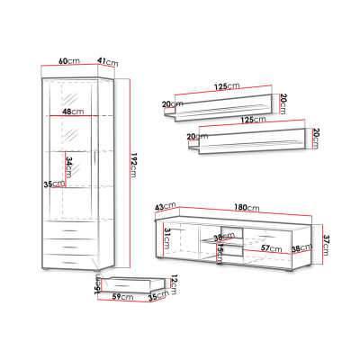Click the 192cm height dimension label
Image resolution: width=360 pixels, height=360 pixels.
[134, 166]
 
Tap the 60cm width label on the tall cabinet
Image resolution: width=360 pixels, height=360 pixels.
[69, 60]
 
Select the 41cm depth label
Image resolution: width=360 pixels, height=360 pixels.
[107, 62]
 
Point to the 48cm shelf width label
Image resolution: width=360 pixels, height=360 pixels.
[73, 112]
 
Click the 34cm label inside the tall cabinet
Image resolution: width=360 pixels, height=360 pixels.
[69, 166]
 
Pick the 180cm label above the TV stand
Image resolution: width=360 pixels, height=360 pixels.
[247, 207]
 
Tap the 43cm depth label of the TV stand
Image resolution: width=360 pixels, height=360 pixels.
[166, 206]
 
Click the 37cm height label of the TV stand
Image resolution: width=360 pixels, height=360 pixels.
[327, 245]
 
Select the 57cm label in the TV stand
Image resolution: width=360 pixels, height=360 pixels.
[271, 248]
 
